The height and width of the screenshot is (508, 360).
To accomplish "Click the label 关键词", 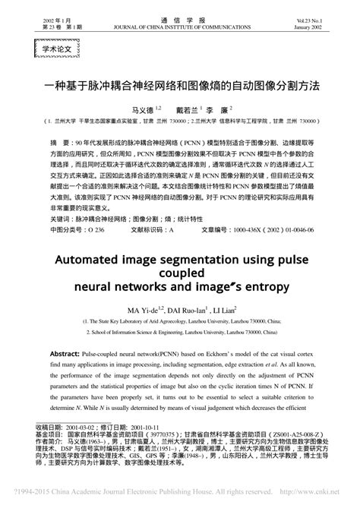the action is tap(60, 217).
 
